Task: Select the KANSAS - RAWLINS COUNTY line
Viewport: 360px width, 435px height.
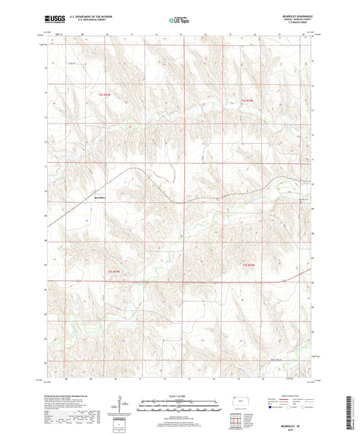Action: tap(297, 18)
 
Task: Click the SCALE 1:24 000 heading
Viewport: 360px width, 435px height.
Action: tap(180, 395)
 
